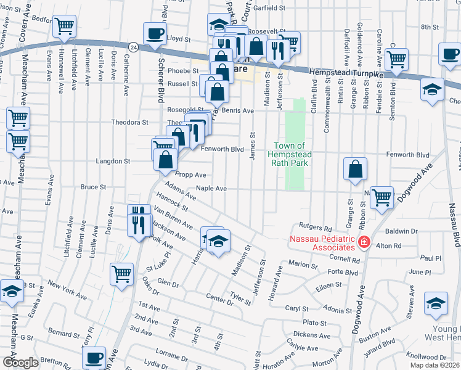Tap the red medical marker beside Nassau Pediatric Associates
364,243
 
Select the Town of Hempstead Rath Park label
293,154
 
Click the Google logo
21,363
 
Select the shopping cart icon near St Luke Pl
121,274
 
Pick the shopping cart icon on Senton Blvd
396,59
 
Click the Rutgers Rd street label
315,226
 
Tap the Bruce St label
94,187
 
